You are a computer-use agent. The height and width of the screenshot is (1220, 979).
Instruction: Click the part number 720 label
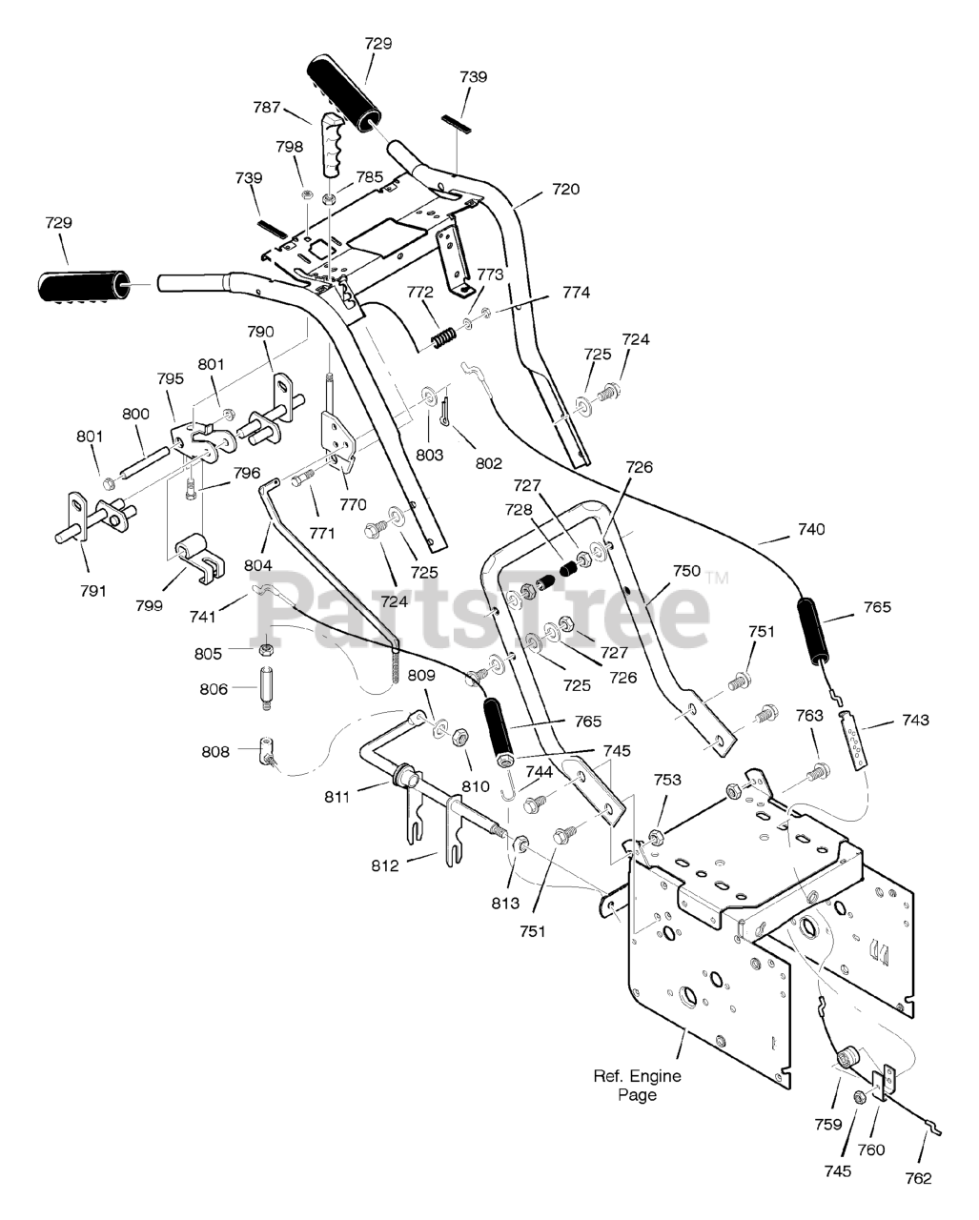point(565,190)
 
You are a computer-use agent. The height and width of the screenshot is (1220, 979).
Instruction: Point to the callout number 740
point(811,529)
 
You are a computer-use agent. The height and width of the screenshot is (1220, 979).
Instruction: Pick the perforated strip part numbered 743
point(852,739)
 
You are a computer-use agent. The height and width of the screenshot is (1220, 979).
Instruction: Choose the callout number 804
point(258,564)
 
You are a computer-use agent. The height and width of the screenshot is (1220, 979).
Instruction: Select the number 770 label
point(353,504)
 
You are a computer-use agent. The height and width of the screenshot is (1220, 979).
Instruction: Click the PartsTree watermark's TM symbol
point(717,578)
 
